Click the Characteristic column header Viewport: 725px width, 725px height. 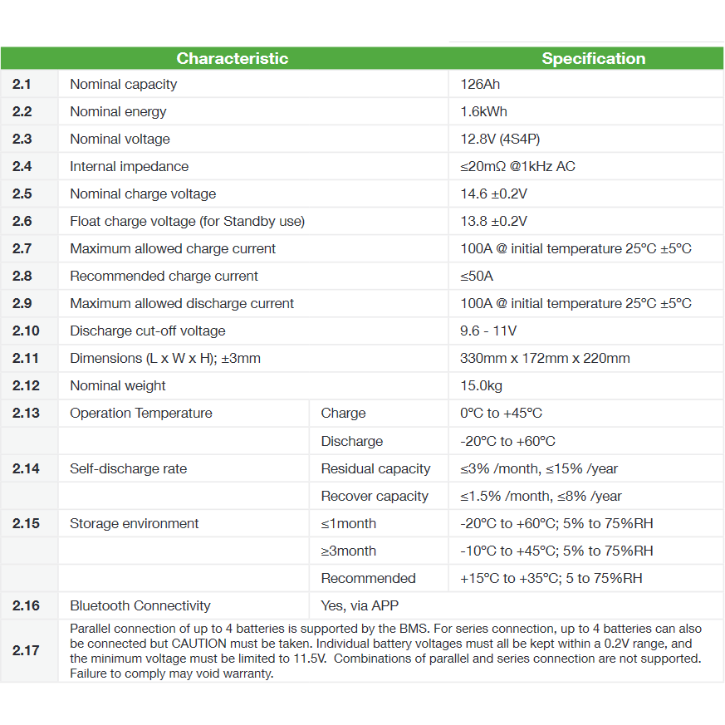pos(233,58)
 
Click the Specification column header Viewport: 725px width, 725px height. pos(593,58)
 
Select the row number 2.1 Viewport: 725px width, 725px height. pos(22,84)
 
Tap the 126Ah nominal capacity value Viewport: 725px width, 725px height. pos(480,84)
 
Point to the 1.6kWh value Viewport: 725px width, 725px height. pos(483,111)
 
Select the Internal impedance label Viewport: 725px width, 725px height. pos(129,166)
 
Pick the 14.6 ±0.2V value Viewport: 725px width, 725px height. pos(493,193)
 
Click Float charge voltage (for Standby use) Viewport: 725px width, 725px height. pos(187,221)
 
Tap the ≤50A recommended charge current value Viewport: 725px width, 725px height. pos(477,276)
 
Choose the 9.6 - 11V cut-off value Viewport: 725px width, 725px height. pos(488,331)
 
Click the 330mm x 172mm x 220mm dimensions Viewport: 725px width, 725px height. pos(545,358)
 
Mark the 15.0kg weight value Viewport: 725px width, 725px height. pos(481,385)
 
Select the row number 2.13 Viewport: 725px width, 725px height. pos(25,413)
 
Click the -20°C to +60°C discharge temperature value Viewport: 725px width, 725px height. pos(507,441)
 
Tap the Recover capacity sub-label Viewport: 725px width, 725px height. pos(375,496)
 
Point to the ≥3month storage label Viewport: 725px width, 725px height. pos(348,551)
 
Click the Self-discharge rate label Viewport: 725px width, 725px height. pos(128,468)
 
